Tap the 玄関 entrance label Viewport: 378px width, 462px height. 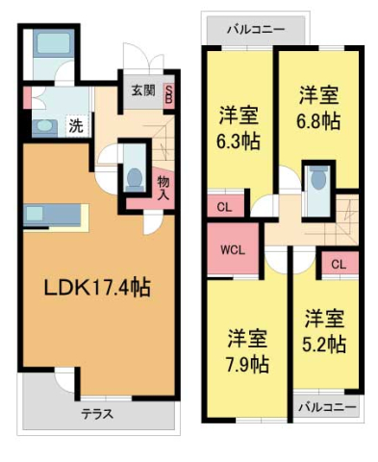click(x=143, y=91)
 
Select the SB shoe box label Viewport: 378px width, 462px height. click(x=169, y=95)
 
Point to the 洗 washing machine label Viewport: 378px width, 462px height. click(x=74, y=125)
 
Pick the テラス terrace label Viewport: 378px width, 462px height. click(x=97, y=415)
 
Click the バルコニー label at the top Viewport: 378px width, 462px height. click(x=255, y=30)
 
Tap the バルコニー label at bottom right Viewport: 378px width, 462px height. click(x=325, y=407)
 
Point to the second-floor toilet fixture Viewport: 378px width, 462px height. click(x=316, y=180)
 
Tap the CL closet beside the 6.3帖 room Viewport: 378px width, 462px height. click(x=223, y=207)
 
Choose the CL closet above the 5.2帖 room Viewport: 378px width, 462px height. click(x=338, y=264)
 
